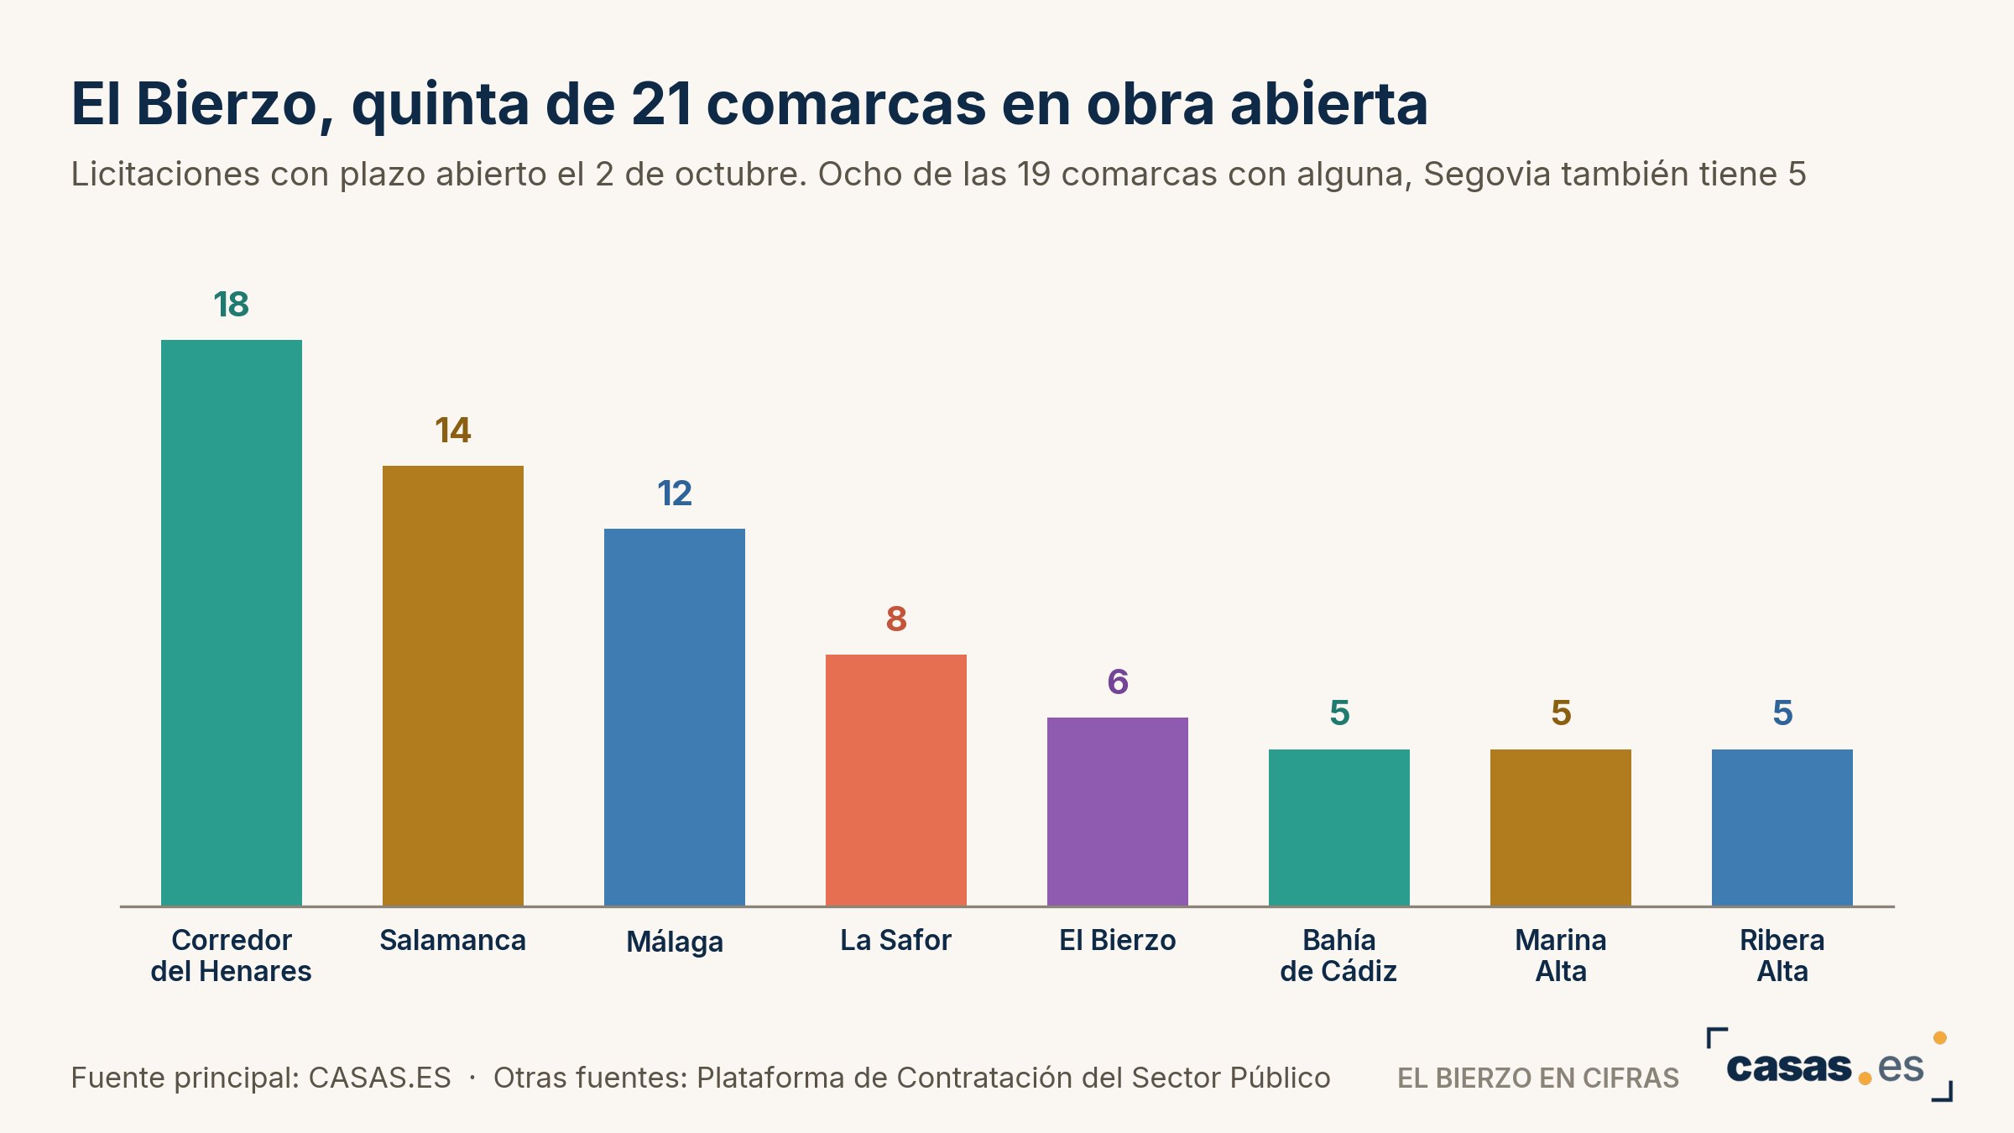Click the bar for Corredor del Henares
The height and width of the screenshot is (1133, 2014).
[x=232, y=623]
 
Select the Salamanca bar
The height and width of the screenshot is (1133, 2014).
[x=453, y=686]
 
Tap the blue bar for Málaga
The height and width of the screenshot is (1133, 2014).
[x=675, y=718]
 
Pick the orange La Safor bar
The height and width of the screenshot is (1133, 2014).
[x=896, y=781]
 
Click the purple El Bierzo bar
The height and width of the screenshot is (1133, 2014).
[x=1118, y=812]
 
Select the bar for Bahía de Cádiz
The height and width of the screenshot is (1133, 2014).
[x=1339, y=828]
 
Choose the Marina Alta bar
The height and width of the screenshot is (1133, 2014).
[x=1561, y=828]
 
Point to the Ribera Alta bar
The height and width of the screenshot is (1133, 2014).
[x=1782, y=828]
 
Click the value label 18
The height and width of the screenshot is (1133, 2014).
[x=232, y=305]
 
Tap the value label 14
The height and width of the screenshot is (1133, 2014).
[x=453, y=431]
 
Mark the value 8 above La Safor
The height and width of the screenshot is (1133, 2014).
[x=896, y=619]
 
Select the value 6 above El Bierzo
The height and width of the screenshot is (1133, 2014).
[x=1118, y=682]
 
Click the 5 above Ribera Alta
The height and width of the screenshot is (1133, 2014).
[x=1782, y=713]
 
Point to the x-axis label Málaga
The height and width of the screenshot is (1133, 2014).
[x=675, y=942]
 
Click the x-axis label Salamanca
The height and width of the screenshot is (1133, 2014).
[x=453, y=940]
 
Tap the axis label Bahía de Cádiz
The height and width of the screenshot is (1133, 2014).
[x=1339, y=955]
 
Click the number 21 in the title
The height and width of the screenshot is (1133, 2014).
[x=662, y=104]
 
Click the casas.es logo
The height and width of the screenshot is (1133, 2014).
[x=1829, y=1065]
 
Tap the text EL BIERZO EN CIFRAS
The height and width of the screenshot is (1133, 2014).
[x=1538, y=1078]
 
